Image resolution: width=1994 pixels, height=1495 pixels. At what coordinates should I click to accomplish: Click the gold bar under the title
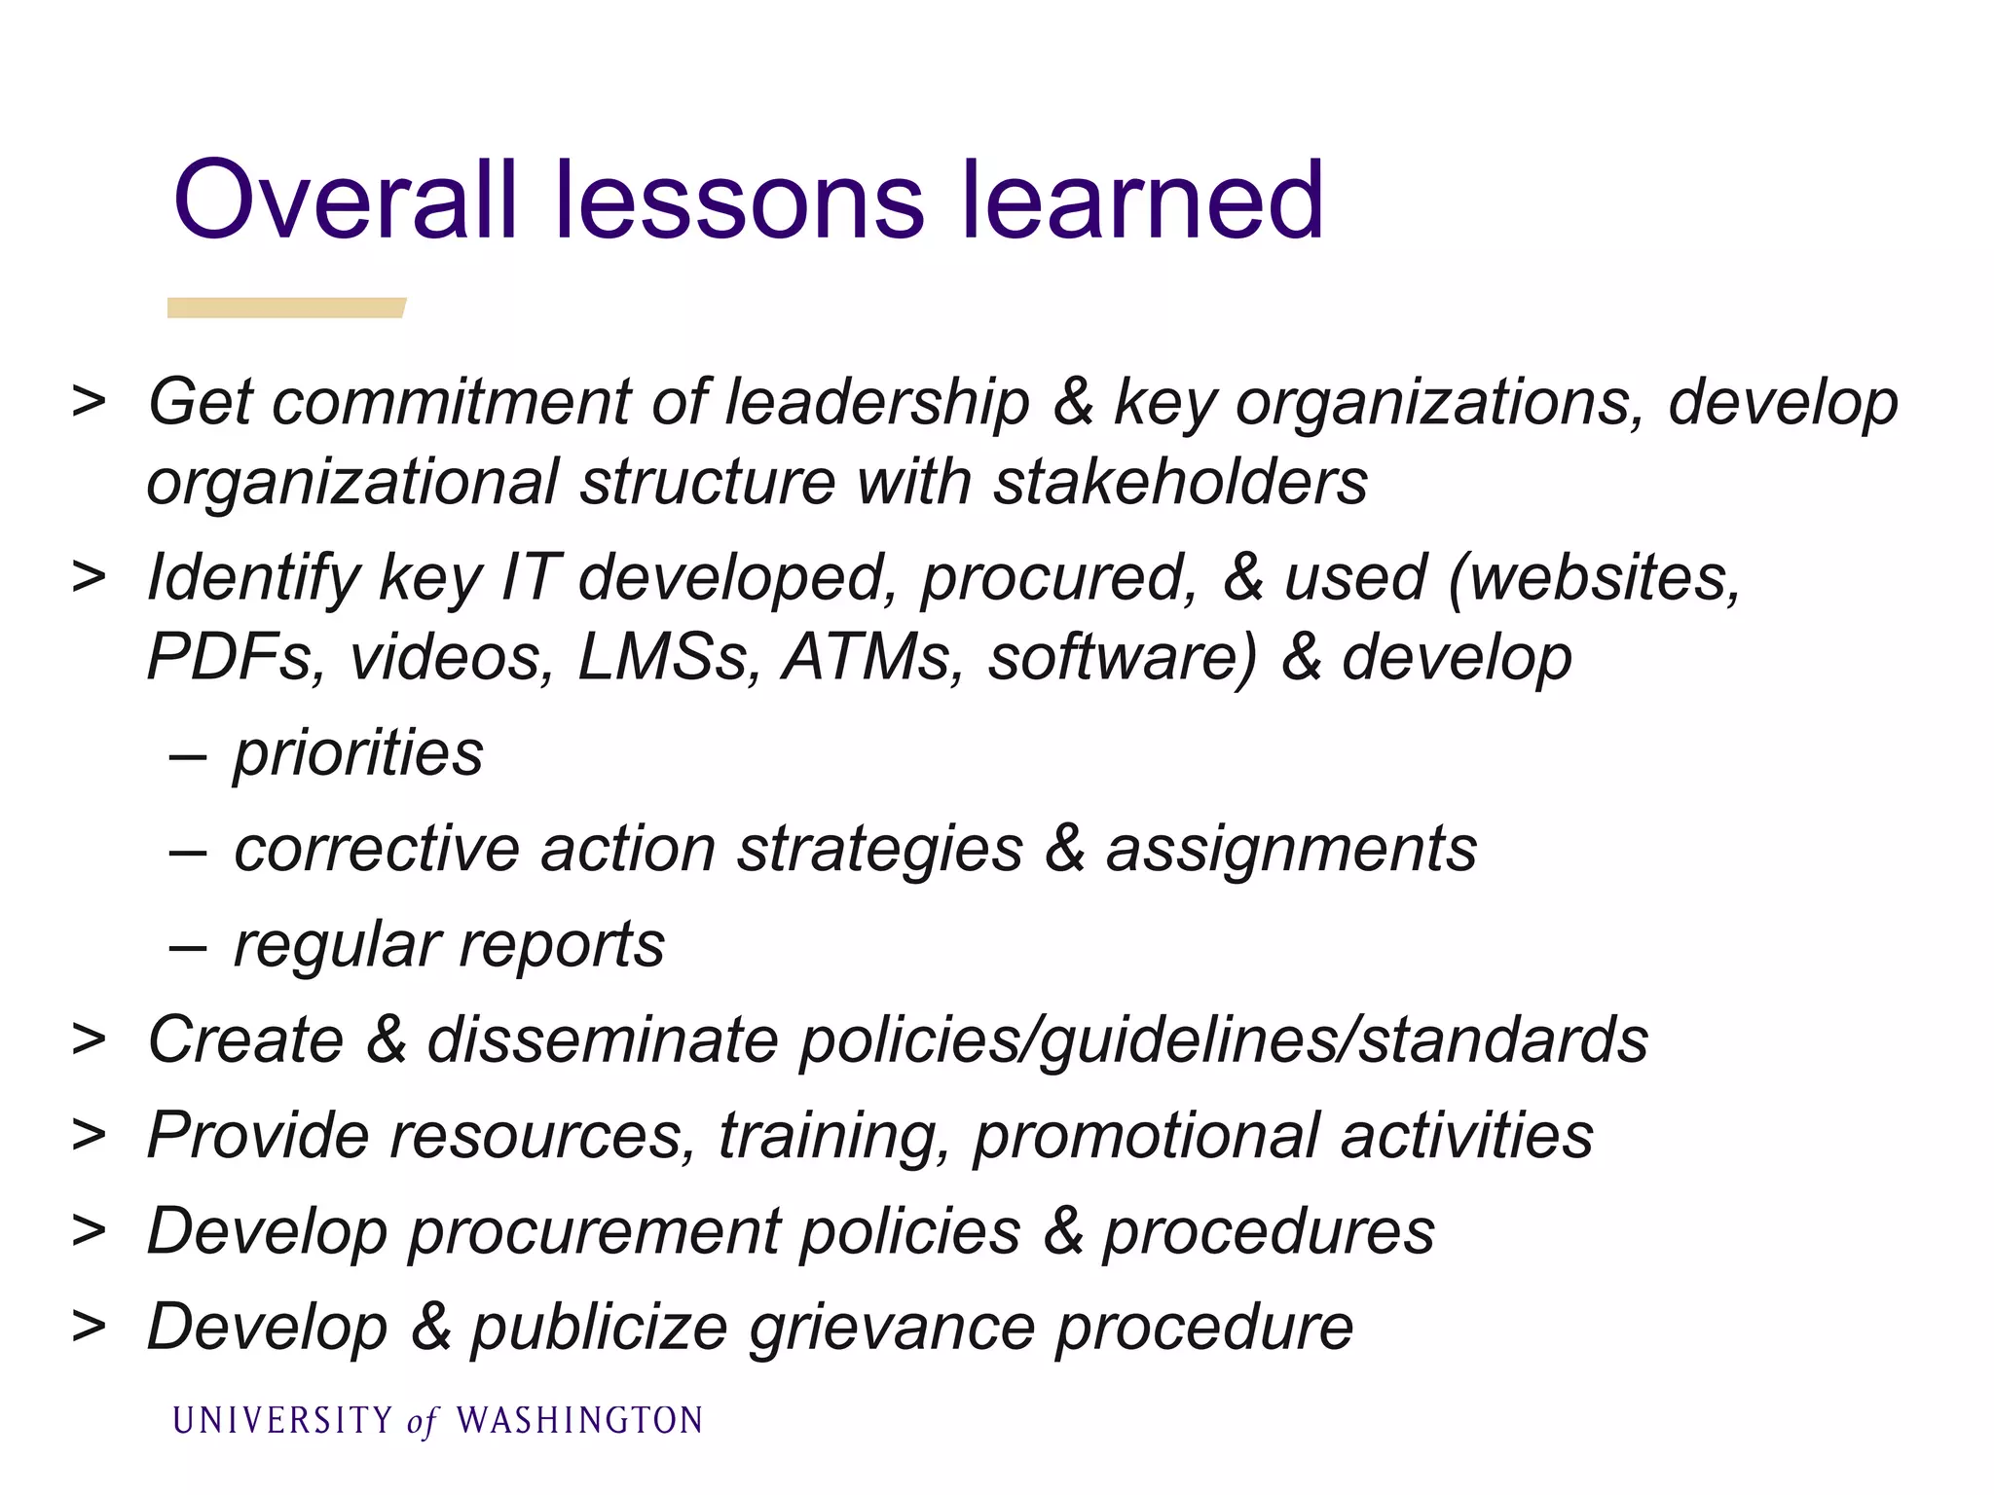click(286, 308)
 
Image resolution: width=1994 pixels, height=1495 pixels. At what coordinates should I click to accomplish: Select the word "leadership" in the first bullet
click(876, 402)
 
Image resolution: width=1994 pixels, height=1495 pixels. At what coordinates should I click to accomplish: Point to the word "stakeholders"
click(1180, 482)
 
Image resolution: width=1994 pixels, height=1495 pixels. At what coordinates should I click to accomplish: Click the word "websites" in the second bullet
click(1597, 577)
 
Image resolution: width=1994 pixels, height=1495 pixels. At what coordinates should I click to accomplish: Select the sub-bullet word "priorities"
click(358, 753)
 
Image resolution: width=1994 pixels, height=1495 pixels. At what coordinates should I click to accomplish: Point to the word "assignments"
click(1291, 849)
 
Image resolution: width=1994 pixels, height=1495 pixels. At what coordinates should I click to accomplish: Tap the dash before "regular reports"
click(187, 946)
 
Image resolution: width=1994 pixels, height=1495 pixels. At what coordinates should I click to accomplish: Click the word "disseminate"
click(603, 1039)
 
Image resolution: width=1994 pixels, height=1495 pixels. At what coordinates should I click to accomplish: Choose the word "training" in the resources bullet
click(833, 1136)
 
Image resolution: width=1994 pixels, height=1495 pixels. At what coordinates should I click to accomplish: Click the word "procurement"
click(594, 1232)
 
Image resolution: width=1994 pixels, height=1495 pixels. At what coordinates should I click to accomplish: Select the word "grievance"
click(892, 1328)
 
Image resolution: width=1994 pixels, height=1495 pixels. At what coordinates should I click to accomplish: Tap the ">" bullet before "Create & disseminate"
click(89, 1039)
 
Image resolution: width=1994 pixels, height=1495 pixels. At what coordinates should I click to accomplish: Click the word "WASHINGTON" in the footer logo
click(579, 1421)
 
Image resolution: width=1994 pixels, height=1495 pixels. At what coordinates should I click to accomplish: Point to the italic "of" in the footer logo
click(423, 1423)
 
